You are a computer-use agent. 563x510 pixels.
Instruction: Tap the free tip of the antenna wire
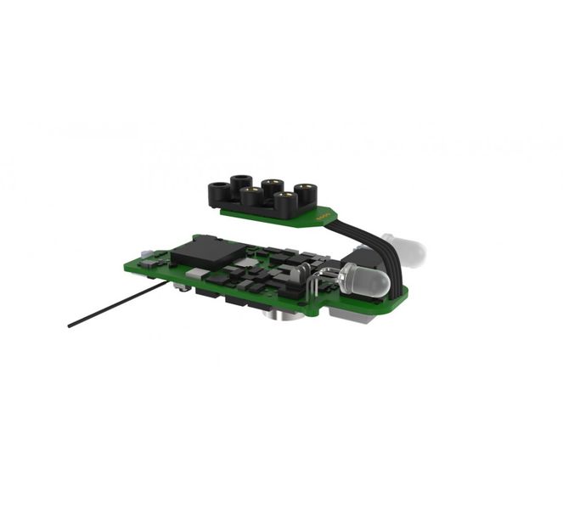pos(70,325)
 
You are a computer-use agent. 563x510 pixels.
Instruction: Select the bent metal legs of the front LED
pos(321,276)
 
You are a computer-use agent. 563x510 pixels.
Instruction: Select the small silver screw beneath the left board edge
pos(182,287)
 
